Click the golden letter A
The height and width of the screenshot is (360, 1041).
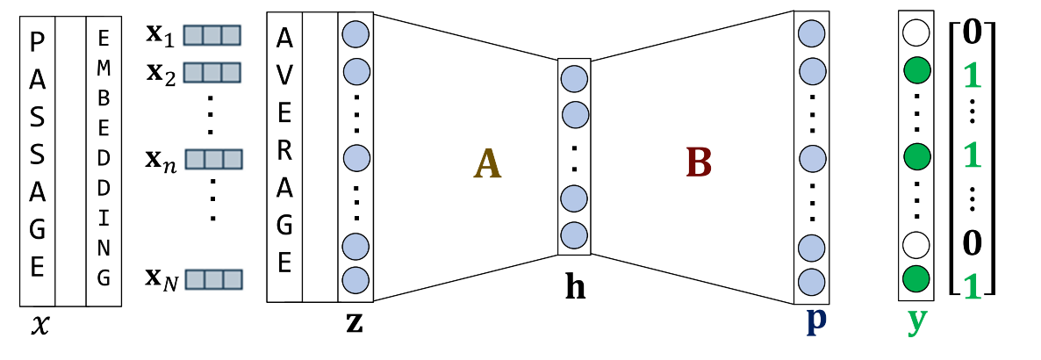coord(487,163)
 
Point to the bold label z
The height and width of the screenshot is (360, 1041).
coord(355,322)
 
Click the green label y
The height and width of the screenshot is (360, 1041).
coord(915,322)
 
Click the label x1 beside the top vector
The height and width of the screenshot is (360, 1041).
coord(162,35)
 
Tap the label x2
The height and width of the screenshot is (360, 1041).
coord(162,74)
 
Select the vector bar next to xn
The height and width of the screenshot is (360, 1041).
coord(212,160)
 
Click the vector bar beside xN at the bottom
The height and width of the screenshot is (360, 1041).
coord(212,279)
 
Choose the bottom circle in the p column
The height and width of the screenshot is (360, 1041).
coord(812,282)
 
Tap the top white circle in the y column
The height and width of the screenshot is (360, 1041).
coord(915,35)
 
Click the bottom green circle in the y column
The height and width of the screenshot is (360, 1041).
coord(915,279)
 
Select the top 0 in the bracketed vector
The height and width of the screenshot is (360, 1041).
coord(972,35)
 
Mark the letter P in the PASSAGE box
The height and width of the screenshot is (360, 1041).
coord(37,40)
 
